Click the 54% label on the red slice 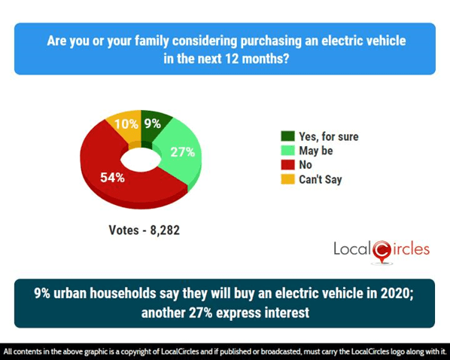(x=113, y=178)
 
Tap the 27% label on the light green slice (x=183, y=152)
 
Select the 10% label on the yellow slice (x=120, y=124)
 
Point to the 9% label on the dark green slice (x=153, y=124)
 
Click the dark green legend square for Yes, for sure (x=287, y=136)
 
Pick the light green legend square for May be (x=287, y=151)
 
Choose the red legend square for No (x=287, y=164)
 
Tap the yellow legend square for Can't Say (x=287, y=178)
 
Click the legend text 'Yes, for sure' (x=330, y=136)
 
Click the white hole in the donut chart (x=141, y=158)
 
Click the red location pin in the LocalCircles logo (x=382, y=251)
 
